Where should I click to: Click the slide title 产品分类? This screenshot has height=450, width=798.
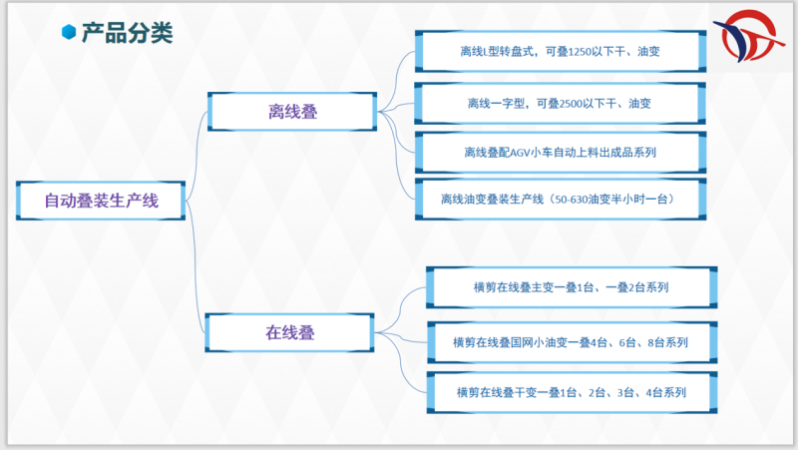pos(127,33)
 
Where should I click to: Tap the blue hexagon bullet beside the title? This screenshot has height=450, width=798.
pos(69,33)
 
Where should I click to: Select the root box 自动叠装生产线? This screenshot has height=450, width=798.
pos(101,201)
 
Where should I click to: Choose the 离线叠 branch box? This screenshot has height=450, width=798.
pos(292,111)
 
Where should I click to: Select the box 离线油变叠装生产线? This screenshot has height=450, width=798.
pos(559,200)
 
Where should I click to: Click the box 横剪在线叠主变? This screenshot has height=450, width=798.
pos(571,287)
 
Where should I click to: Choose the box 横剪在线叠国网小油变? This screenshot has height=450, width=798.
pos(571,342)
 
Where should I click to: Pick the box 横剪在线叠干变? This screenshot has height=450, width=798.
pos(571,392)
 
